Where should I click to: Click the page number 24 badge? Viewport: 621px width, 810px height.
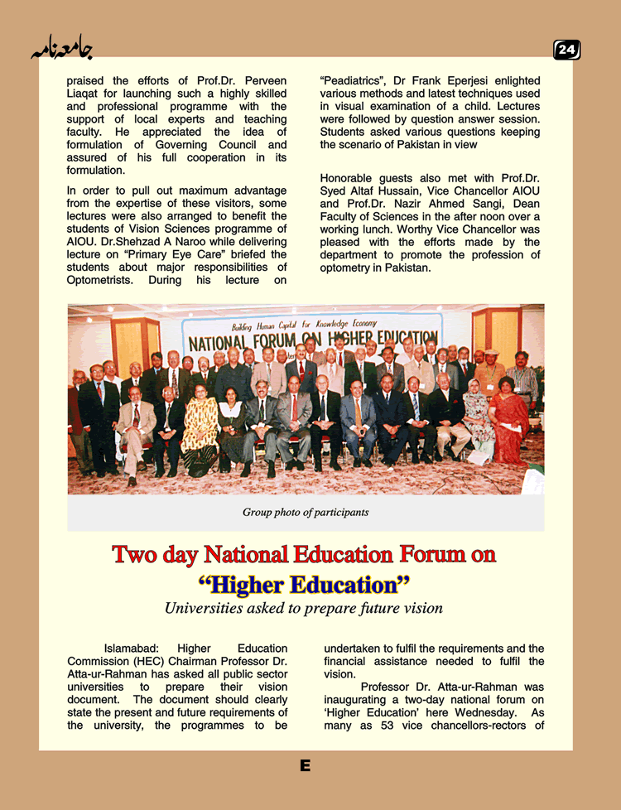tap(566, 51)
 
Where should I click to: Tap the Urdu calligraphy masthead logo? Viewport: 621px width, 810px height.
tap(61, 49)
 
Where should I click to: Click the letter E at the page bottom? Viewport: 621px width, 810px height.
tap(306, 766)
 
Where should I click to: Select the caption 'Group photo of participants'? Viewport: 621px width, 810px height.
tap(306, 512)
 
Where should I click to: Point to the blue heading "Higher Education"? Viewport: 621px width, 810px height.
tap(305, 585)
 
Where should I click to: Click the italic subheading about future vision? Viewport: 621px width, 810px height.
tap(304, 609)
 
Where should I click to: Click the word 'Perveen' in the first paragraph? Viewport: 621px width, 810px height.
tap(265, 81)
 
